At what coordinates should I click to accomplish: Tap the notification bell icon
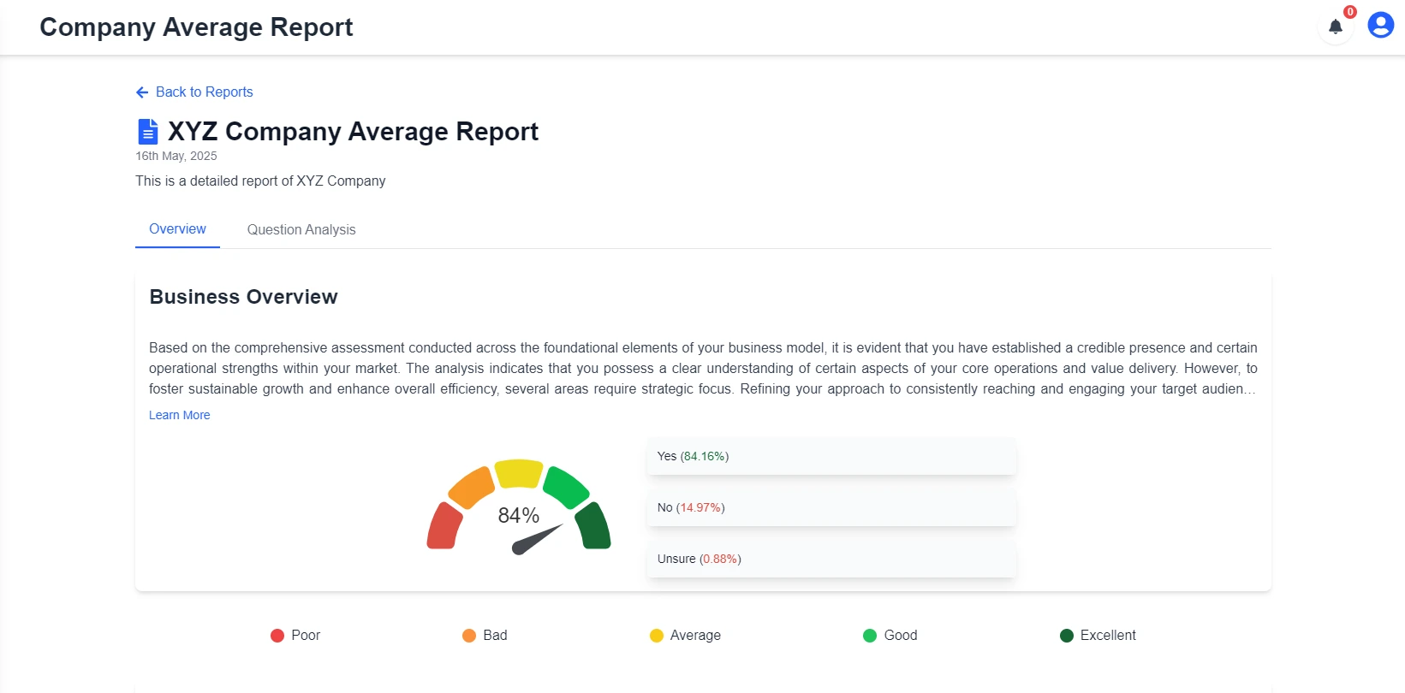coord(1335,27)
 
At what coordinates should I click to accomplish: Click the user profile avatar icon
coord(1380,25)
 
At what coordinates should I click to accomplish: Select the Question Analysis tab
coord(301,229)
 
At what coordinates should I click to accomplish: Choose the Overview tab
coord(177,228)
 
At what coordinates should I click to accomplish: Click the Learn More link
coord(179,415)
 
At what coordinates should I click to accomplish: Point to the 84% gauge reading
coord(519,515)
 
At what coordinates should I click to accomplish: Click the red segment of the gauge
coord(444,526)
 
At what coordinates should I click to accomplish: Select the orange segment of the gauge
coord(471,487)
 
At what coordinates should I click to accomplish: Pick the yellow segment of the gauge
coord(519,473)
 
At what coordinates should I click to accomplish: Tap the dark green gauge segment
coord(592,526)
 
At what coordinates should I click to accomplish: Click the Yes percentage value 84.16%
coord(705,456)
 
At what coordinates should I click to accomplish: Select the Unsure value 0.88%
coord(720,559)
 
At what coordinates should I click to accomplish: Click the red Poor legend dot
coord(277,636)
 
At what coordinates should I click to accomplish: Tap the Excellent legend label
coord(1108,635)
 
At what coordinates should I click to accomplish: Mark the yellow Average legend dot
coord(657,636)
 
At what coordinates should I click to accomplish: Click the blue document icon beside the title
coord(147,132)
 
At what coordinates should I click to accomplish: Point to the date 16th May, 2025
coord(176,156)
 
